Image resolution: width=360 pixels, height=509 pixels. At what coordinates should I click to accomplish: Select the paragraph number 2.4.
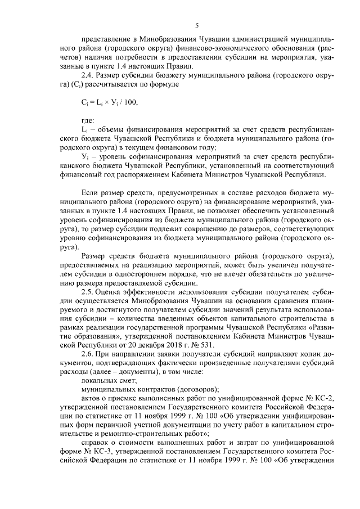tap(89, 74)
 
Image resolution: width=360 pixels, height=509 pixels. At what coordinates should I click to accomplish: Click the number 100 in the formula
tap(130, 103)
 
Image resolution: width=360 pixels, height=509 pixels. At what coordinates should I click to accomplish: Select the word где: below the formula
tap(88, 121)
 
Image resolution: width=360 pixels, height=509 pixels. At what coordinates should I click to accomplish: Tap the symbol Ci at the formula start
tap(85, 103)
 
